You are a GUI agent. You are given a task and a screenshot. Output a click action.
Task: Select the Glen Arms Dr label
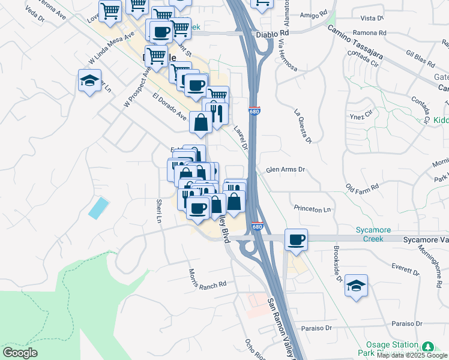285,170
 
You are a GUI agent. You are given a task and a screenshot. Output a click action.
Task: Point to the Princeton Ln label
312,209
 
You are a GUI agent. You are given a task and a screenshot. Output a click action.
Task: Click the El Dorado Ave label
170,106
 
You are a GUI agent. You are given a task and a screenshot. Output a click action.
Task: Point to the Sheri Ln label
160,211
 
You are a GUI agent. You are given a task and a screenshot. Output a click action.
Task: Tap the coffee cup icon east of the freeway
296,239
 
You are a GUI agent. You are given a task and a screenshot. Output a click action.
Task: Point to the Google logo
20,352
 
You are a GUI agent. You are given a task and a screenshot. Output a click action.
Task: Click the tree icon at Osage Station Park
427,347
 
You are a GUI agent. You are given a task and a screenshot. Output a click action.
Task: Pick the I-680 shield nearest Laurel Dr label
254,111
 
